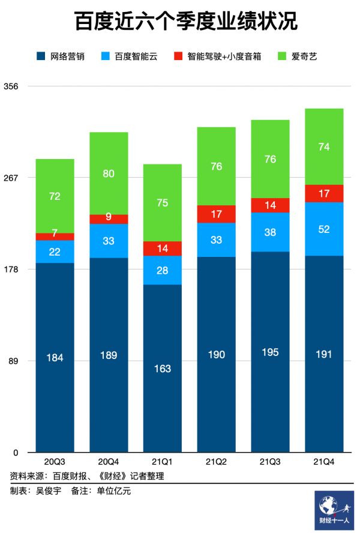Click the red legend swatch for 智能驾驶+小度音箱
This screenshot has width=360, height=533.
[x=178, y=56]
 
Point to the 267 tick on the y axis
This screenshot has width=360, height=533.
[x=11, y=178]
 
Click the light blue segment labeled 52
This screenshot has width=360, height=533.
[x=324, y=229]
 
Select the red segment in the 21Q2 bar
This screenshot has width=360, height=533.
[x=216, y=214]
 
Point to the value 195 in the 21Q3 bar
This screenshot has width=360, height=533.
[x=270, y=352]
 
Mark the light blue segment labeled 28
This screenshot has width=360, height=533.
[x=162, y=270]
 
